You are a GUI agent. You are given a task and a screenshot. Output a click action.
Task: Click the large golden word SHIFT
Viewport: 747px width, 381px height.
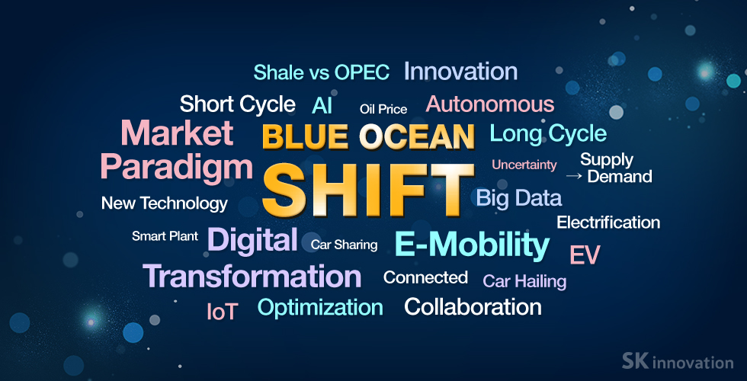(x=368, y=190)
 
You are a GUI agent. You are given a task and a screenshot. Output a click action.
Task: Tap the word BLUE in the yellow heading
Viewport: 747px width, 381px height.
(x=306, y=136)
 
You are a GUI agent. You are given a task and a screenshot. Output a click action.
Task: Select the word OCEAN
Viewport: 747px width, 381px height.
(x=418, y=136)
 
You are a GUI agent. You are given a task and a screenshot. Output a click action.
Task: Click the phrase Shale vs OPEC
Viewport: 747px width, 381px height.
(x=322, y=72)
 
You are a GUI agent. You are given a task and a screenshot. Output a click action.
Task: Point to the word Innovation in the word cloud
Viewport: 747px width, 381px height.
(x=460, y=72)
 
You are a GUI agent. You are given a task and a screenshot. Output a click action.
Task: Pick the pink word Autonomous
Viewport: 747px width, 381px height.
(x=490, y=104)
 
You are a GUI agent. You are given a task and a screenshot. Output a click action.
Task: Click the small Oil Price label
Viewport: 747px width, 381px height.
(x=383, y=110)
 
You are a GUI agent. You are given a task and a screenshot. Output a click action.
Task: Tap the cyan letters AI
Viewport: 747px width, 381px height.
(x=322, y=106)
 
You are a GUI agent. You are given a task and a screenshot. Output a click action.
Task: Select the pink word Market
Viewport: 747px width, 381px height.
(x=177, y=133)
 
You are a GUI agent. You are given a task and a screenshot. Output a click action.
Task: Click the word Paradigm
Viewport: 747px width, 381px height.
(x=176, y=168)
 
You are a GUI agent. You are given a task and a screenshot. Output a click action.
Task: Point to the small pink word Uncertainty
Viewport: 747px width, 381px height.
(x=524, y=165)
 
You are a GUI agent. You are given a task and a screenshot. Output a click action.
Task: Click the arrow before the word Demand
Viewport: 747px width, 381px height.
(x=574, y=176)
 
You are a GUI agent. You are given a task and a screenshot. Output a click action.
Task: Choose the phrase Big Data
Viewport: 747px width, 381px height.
(x=519, y=197)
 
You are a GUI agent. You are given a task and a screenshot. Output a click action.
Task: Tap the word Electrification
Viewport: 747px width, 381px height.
(x=608, y=223)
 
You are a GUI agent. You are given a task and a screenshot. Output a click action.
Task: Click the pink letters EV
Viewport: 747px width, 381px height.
(x=585, y=255)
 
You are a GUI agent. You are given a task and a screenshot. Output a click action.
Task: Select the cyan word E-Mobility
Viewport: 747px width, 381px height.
(x=472, y=245)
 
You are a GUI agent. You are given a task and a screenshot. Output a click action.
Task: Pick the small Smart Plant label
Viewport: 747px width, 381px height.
(x=165, y=236)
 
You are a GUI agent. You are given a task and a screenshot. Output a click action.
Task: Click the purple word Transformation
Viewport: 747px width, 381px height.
(x=252, y=276)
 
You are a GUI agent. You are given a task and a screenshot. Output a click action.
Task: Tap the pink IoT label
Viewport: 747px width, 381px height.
(x=223, y=312)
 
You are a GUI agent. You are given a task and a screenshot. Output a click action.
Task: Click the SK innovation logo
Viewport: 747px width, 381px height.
(x=678, y=361)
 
